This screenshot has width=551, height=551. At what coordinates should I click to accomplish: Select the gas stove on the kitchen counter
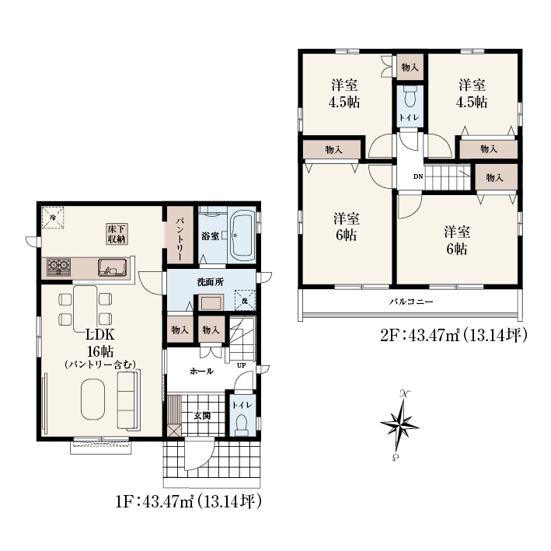coord(59,267)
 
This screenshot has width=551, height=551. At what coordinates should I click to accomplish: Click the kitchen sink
coord(112,267)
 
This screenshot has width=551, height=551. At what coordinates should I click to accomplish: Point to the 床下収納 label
coord(117,234)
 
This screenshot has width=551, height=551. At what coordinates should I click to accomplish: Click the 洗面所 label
coord(210,282)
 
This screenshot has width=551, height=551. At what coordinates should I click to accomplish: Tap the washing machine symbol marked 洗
coord(245,301)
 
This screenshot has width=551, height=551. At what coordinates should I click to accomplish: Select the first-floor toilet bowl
coord(242,426)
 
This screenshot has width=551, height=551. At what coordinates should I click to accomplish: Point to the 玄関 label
coord(202,416)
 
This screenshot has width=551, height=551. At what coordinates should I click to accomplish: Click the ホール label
coord(201,371)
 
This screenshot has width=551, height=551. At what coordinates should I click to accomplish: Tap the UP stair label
coord(241,365)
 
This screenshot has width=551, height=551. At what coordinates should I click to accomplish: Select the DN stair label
coord(418,176)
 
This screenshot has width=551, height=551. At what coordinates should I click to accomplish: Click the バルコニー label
coord(411,302)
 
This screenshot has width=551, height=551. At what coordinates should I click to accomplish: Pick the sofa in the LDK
coord(128,400)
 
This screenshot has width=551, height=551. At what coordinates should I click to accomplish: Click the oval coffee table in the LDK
coord(92,399)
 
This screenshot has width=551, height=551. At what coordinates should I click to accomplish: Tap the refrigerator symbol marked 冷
coord(53,218)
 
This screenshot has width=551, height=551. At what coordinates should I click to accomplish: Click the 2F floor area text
coord(453,335)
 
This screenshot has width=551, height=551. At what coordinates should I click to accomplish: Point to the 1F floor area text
coord(189,501)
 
